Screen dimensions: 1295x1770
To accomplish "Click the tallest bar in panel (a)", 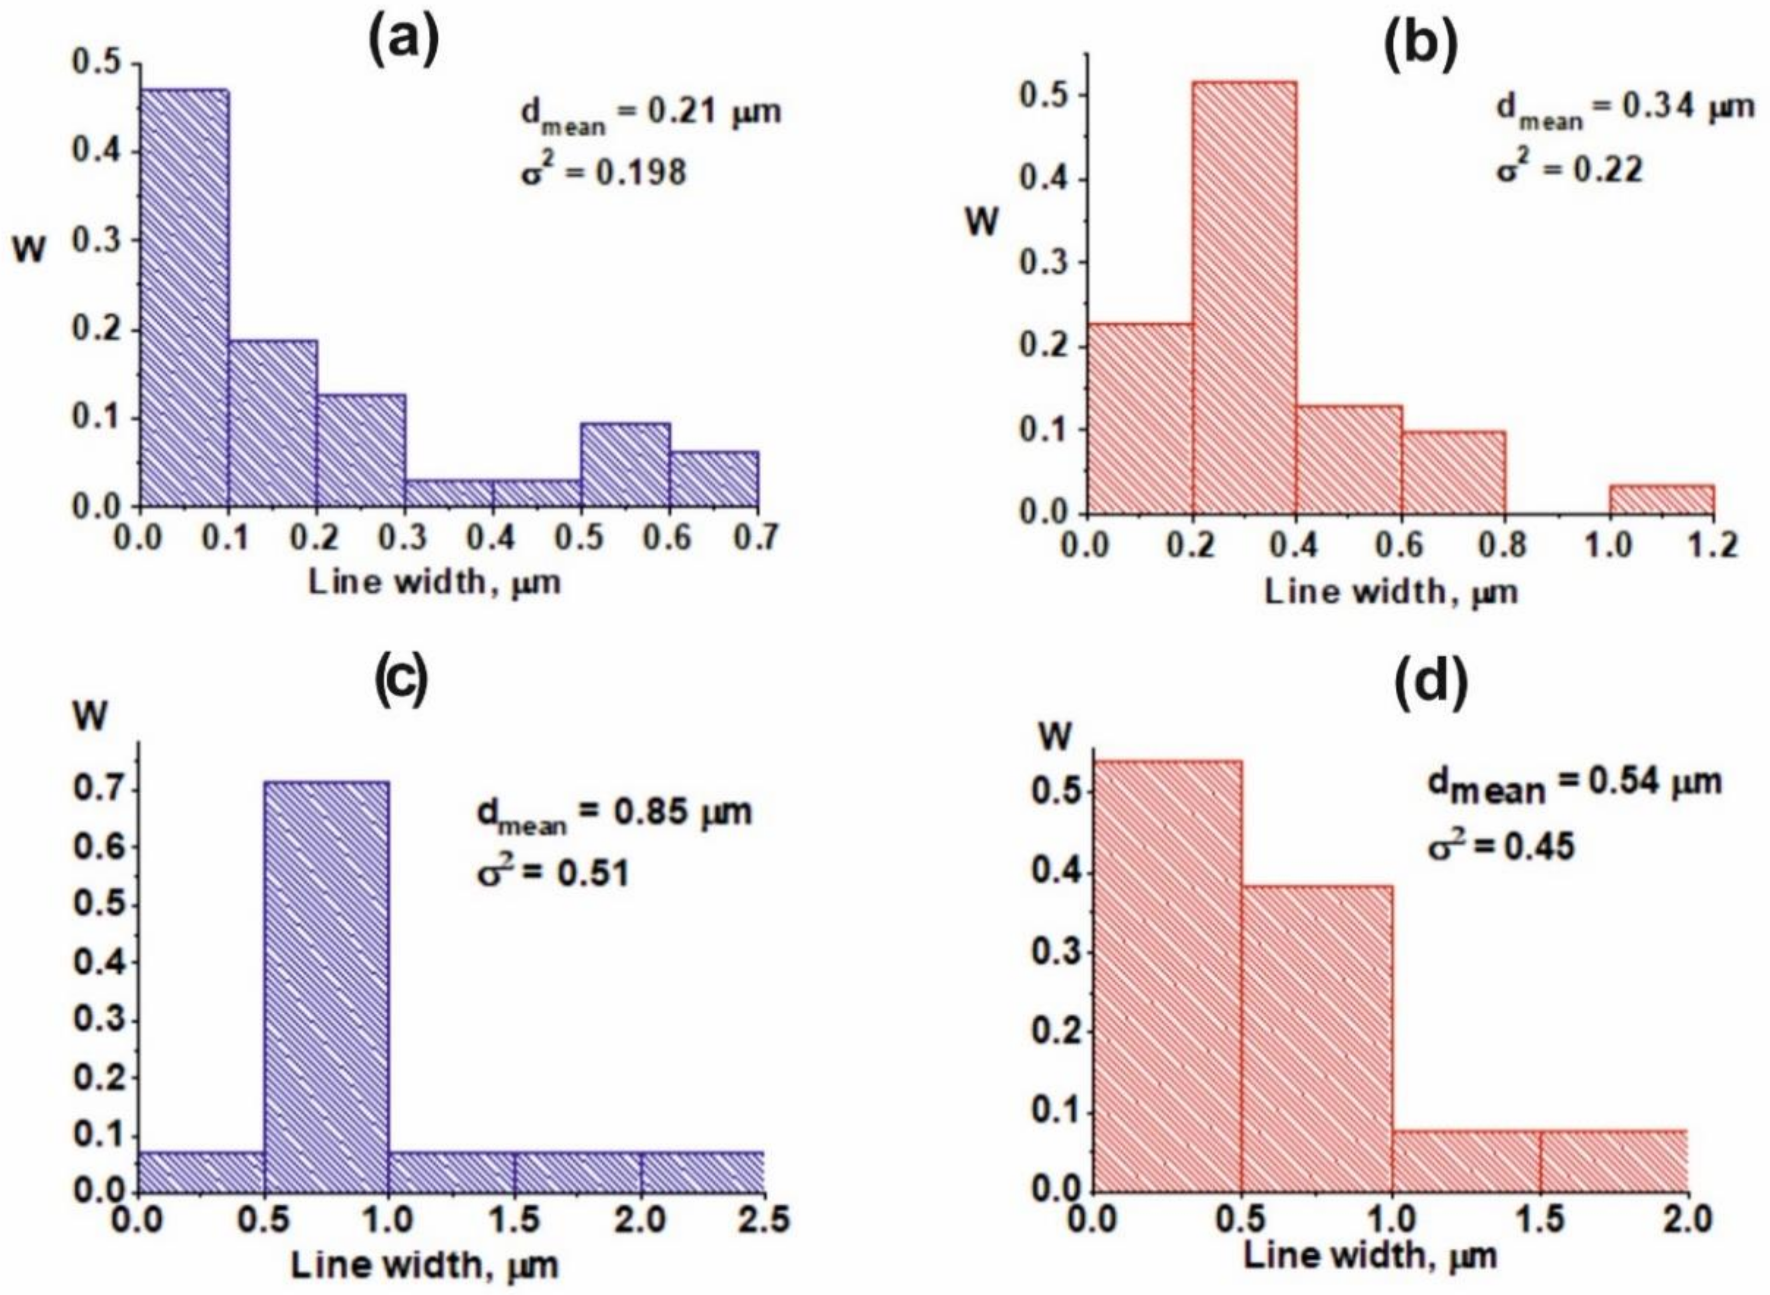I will pos(184,298).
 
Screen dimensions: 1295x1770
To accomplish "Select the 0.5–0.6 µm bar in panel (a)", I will pos(625,465).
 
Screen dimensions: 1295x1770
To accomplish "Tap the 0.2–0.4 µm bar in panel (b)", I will pos(1244,298).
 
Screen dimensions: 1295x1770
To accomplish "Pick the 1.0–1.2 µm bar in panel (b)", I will pos(1661,500).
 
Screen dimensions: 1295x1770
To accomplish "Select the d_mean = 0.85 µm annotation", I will pos(614,814).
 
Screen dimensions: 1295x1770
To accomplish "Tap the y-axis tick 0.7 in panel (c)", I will pos(93,790).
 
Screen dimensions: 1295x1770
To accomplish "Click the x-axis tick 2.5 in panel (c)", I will pos(764,1221).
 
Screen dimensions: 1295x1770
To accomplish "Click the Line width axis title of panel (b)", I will pos(1391,592).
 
